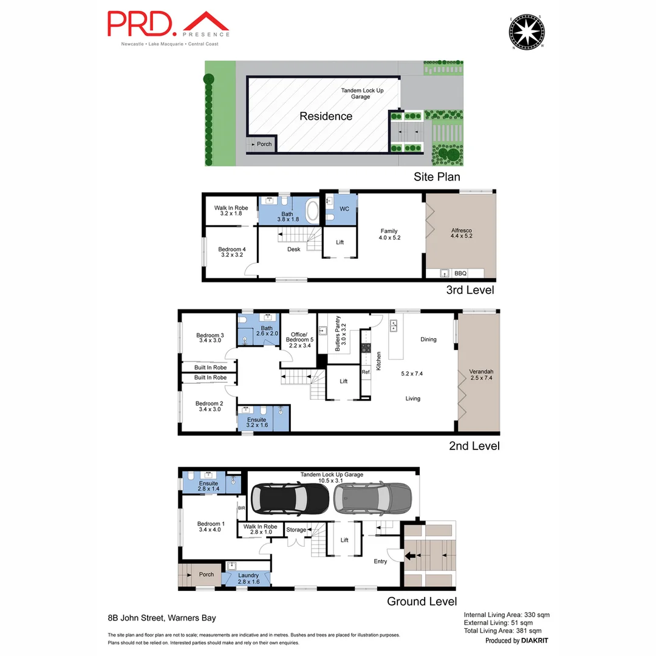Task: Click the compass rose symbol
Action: tap(526, 30)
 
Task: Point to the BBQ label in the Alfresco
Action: tap(460, 273)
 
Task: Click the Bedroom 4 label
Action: tap(232, 252)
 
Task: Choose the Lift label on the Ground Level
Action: tap(344, 540)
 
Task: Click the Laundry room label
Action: tap(248, 578)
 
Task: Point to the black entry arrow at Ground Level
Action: tap(411, 555)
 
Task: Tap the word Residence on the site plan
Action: tap(326, 116)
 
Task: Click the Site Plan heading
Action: tap(437, 177)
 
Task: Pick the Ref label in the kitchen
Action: tap(366, 372)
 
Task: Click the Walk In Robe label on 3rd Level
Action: tap(232, 211)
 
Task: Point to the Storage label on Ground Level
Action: tap(296, 530)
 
